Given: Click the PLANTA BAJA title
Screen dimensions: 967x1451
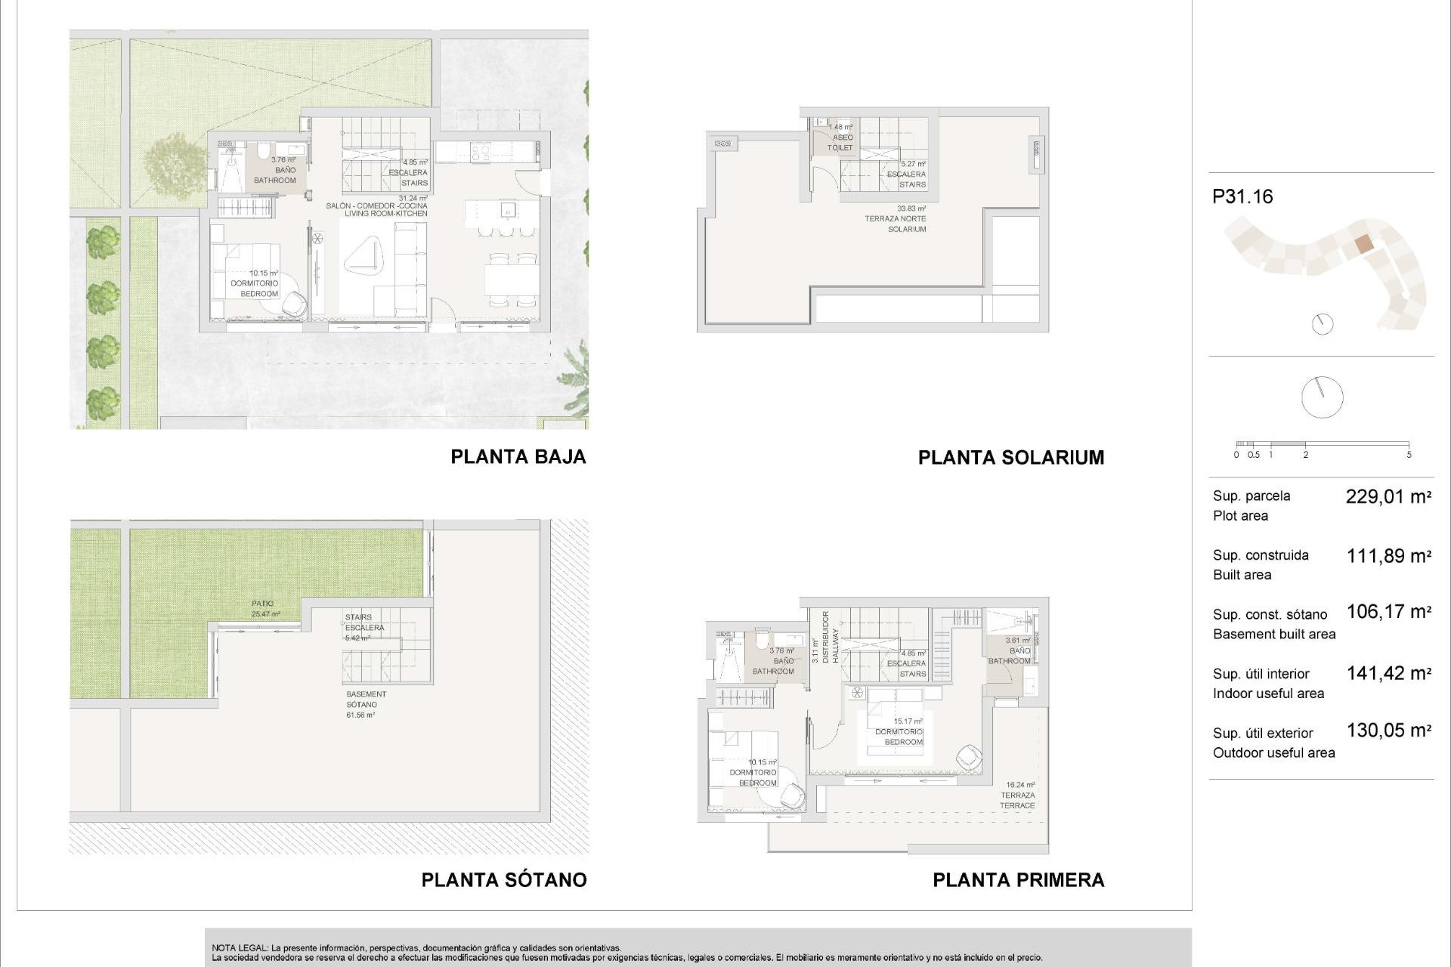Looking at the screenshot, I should (518, 456).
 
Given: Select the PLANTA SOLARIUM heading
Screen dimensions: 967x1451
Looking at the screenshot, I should (1010, 457).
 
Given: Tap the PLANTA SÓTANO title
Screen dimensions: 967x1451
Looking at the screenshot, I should (503, 879).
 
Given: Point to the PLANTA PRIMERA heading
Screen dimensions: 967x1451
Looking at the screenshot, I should (1018, 879).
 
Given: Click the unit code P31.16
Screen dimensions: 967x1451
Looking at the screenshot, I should (1242, 196).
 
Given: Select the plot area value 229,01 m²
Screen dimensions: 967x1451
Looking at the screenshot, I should (1388, 496).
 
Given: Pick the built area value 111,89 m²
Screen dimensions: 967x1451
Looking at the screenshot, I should (1388, 556).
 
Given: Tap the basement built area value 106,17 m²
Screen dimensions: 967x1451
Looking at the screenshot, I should (1388, 611).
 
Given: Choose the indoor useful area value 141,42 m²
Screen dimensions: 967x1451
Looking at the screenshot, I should (1388, 673).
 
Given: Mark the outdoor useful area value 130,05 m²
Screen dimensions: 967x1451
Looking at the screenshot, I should (1388, 731).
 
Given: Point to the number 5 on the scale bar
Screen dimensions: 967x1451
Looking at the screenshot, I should (1409, 455).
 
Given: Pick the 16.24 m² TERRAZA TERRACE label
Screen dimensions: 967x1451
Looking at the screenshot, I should (1019, 796).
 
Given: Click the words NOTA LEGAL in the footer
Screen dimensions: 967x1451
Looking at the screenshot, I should (238, 947).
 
